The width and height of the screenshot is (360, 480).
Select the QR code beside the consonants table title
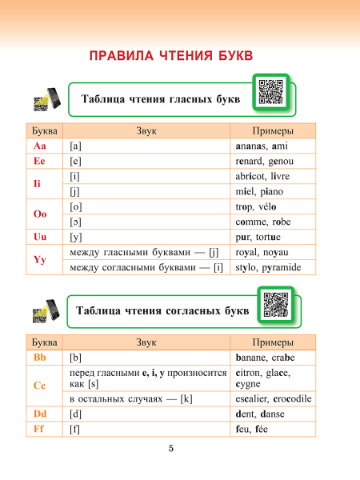point(275,304)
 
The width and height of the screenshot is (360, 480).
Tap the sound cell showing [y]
point(145,238)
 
